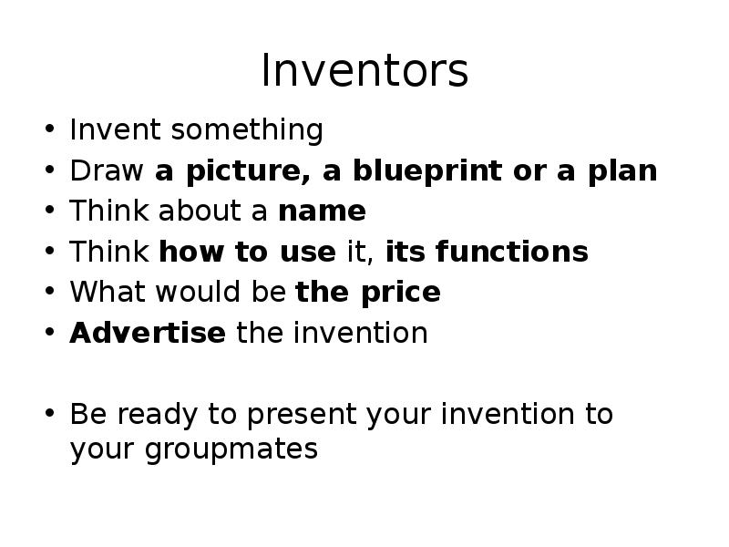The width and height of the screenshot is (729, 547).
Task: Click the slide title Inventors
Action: (x=364, y=71)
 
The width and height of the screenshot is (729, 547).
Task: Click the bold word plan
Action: (x=623, y=170)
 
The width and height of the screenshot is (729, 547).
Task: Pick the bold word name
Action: (x=322, y=212)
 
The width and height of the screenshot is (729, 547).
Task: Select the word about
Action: (x=195, y=212)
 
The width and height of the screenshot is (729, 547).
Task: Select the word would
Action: (x=194, y=293)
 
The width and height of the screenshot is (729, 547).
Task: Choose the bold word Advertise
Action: (x=148, y=333)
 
